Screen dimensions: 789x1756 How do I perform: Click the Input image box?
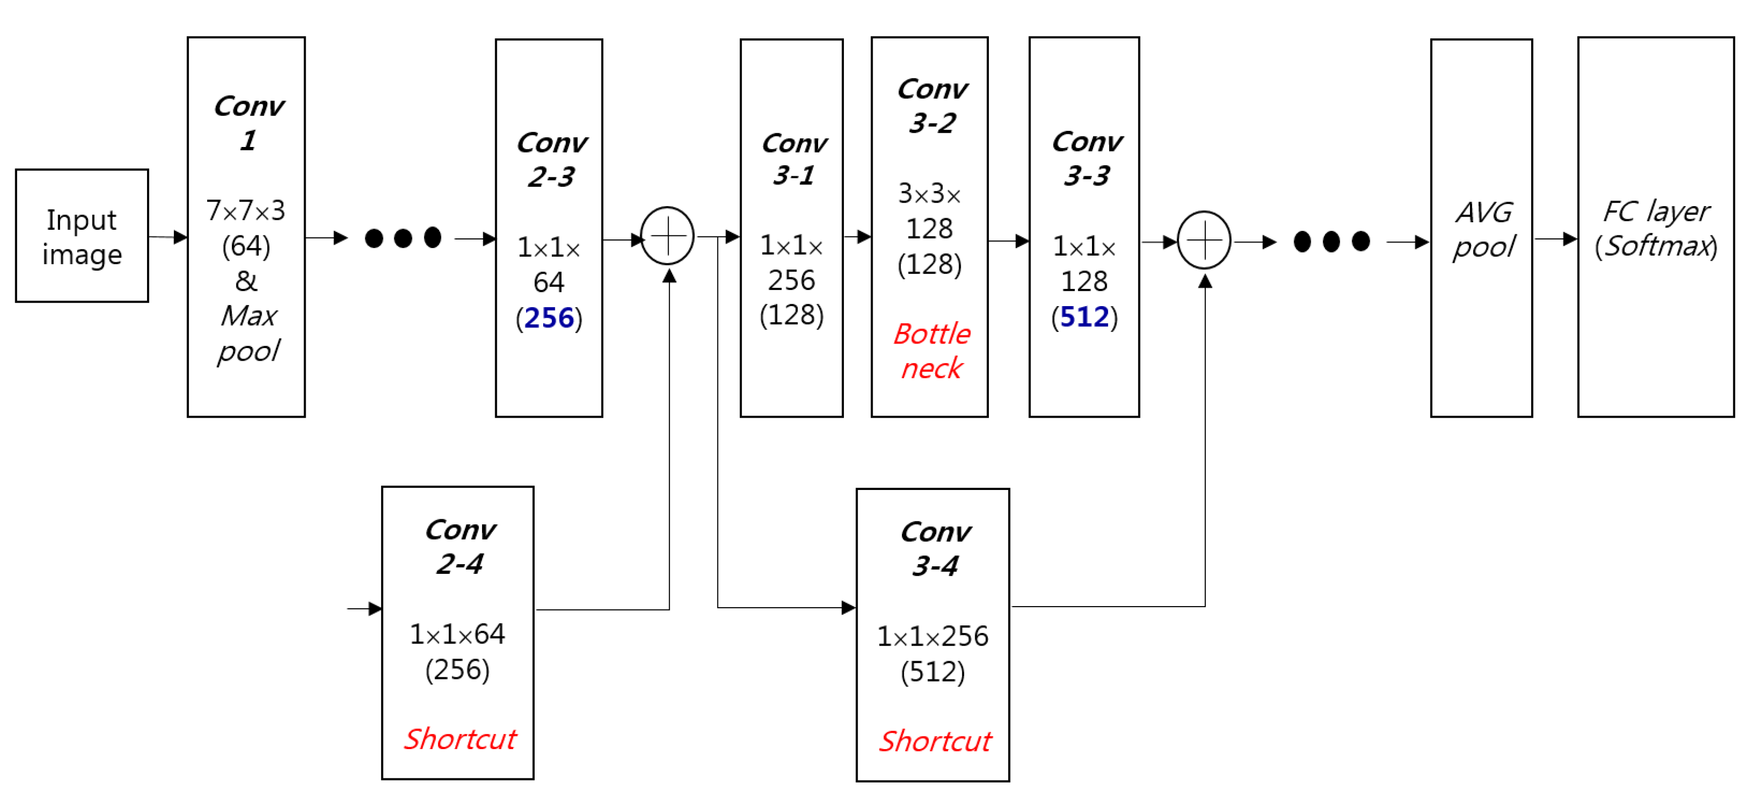[82, 236]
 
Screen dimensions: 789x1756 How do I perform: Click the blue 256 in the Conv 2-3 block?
[549, 318]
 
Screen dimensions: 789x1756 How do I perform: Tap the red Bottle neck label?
[931, 351]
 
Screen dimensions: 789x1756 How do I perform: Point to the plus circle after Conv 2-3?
[668, 236]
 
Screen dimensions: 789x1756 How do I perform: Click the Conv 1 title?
[248, 123]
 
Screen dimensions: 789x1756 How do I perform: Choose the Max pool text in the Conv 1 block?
[248, 333]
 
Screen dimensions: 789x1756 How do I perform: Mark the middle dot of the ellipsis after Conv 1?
[403, 238]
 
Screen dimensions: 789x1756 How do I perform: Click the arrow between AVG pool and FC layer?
[1555, 239]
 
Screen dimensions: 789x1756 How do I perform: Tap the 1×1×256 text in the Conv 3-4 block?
[932, 636]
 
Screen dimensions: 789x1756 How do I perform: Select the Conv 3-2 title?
[932, 106]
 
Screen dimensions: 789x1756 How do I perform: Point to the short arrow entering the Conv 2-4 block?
[365, 608]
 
